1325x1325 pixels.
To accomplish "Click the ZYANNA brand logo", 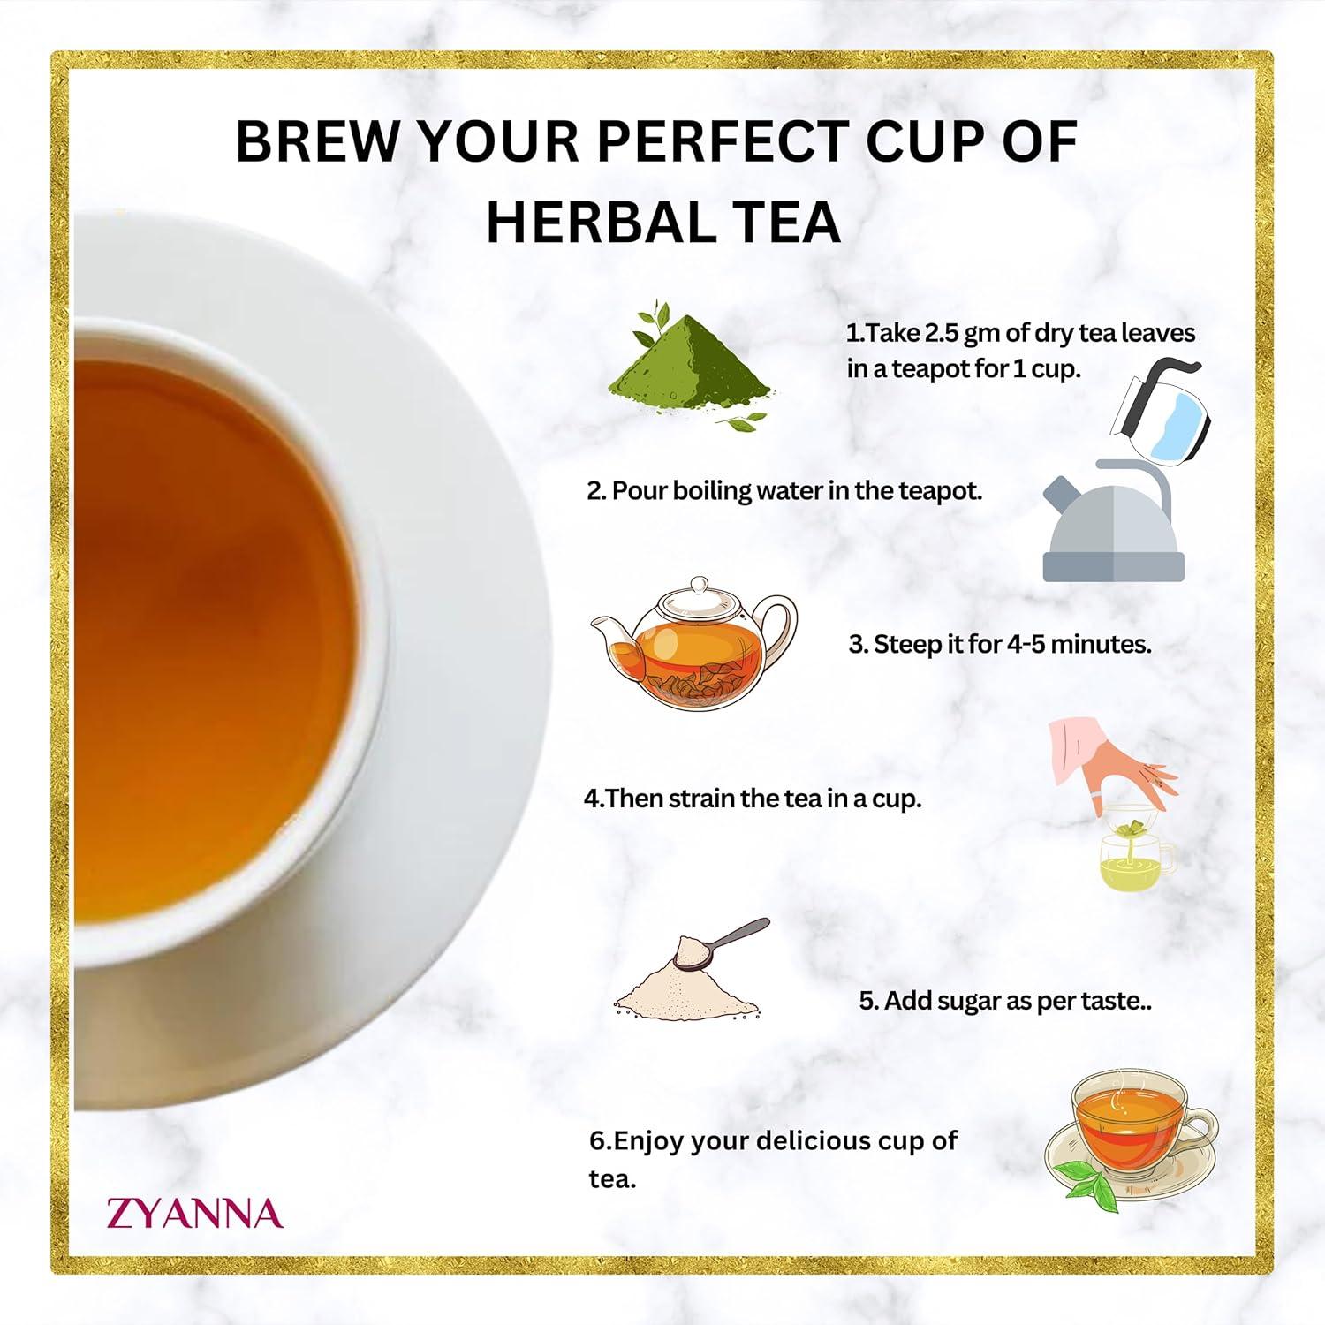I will click(194, 1213).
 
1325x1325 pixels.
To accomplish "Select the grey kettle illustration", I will click(1113, 530).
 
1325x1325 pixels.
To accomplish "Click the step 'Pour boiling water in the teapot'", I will click(784, 491).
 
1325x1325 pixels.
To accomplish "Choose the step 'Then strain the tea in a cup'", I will click(753, 799).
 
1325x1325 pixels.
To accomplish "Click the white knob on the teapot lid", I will click(700, 585).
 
